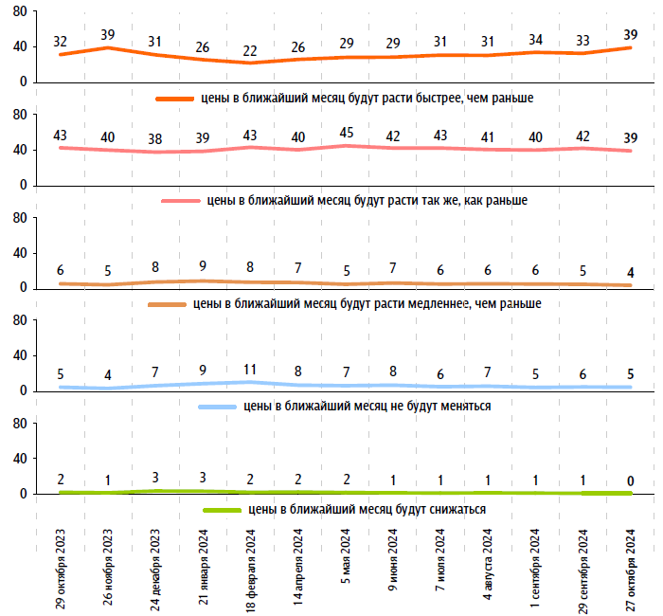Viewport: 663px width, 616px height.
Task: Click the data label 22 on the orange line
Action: (x=250, y=49)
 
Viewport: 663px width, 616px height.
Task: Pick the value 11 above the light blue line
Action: (x=250, y=369)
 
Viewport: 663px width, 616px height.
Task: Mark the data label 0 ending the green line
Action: (x=631, y=480)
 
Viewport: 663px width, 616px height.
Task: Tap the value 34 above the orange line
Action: (x=535, y=40)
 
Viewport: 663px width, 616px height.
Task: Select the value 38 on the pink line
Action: (x=155, y=139)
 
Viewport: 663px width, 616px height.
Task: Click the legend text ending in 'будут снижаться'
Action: (x=367, y=510)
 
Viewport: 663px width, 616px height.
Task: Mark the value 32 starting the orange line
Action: (x=62, y=42)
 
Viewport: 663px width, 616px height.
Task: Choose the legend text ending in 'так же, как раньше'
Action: (x=367, y=201)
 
